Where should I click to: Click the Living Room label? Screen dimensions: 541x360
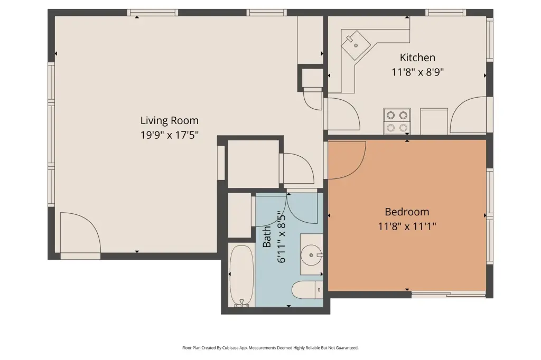pyautogui.click(x=169, y=121)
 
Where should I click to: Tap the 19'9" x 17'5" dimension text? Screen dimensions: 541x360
pyautogui.click(x=169, y=135)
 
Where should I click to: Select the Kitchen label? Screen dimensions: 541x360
pyautogui.click(x=417, y=57)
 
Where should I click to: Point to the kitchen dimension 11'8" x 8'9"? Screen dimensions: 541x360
pyautogui.click(x=417, y=72)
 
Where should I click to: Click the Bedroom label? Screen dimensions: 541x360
pyautogui.click(x=407, y=212)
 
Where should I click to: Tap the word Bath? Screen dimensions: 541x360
pyautogui.click(x=267, y=236)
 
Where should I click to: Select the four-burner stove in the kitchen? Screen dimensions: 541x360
pyautogui.click(x=397, y=121)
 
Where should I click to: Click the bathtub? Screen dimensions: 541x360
pyautogui.click(x=241, y=276)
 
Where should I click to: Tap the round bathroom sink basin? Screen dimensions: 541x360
pyautogui.click(x=311, y=255)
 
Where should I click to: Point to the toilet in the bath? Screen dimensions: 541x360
pyautogui.click(x=307, y=290)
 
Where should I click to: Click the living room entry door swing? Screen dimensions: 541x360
pyautogui.click(x=80, y=233)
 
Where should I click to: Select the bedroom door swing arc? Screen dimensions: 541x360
pyautogui.click(x=347, y=160)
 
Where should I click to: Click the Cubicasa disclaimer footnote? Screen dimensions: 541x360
pyautogui.click(x=270, y=348)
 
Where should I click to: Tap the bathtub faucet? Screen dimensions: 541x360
pyautogui.click(x=241, y=304)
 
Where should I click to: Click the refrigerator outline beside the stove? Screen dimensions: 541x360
pyautogui.click(x=434, y=121)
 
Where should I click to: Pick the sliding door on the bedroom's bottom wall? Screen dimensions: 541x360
pyautogui.click(x=449, y=295)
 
